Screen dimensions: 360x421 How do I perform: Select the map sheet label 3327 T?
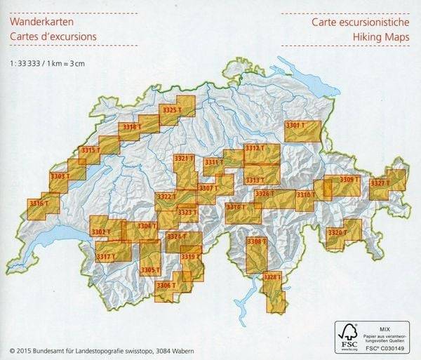pyautogui.click(x=380, y=183)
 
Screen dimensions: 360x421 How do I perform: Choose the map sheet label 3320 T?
pyautogui.click(x=338, y=232)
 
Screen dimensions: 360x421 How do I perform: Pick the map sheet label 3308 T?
pyautogui.click(x=257, y=241)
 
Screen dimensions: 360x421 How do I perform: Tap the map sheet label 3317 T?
pyautogui.click(x=105, y=257)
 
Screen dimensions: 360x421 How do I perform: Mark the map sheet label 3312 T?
pyautogui.click(x=255, y=148)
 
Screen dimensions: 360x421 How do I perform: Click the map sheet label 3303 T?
pyautogui.click(x=60, y=176)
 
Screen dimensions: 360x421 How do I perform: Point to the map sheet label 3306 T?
pyautogui.click(x=166, y=286)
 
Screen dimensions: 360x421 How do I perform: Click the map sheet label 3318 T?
pyautogui.click(x=131, y=127)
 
